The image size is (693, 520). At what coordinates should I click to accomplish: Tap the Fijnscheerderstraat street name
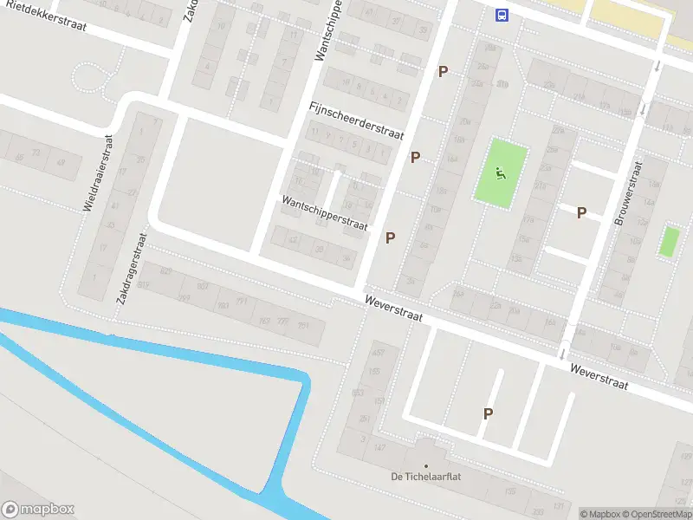(356, 120)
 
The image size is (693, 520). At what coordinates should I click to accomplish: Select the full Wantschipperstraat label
(325, 211)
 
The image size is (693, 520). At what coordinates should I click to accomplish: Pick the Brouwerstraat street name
(630, 192)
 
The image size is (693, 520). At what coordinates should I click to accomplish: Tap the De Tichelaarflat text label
(425, 477)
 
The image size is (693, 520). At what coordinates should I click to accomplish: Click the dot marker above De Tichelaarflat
(425, 465)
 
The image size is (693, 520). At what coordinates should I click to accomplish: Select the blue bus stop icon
(502, 14)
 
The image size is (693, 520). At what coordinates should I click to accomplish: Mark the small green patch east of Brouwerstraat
(669, 241)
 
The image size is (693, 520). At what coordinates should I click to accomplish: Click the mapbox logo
(38, 510)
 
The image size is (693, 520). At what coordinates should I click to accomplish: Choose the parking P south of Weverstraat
(489, 414)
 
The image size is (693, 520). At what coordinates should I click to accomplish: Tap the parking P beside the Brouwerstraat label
(582, 212)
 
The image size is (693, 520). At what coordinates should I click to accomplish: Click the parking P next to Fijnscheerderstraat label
(416, 158)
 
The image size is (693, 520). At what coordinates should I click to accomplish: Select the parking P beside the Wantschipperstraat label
(391, 237)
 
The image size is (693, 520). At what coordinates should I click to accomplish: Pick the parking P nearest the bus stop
(444, 72)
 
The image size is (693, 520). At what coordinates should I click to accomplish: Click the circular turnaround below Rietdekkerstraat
(88, 77)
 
